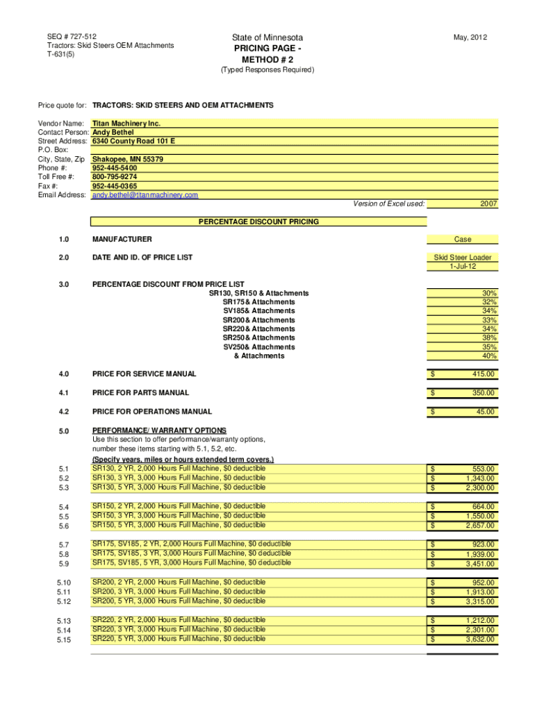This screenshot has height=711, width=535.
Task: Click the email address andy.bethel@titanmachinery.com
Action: [x=145, y=195]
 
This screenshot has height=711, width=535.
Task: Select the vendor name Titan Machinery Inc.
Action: [x=126, y=123]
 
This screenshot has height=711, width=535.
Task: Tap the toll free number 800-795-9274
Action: [x=115, y=177]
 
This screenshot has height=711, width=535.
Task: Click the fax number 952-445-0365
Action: [x=115, y=186]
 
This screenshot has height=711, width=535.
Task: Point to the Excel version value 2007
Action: [x=488, y=204]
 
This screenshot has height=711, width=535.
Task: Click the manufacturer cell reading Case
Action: [x=462, y=240]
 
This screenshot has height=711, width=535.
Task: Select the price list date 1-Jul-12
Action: [x=462, y=267]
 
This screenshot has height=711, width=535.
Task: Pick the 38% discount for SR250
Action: [x=489, y=338]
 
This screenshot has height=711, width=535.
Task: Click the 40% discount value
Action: [x=489, y=356]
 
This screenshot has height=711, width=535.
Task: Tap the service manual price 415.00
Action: [x=482, y=374]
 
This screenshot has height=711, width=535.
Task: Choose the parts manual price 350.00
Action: [x=482, y=393]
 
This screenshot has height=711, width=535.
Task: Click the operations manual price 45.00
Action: [x=486, y=412]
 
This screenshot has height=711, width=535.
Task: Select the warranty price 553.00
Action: [x=482, y=469]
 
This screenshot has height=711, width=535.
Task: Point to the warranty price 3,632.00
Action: [x=480, y=639]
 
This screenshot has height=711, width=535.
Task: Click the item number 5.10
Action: [x=64, y=583]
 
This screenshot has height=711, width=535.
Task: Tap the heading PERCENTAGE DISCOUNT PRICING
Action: [x=258, y=222]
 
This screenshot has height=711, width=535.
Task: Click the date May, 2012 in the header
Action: [x=470, y=37]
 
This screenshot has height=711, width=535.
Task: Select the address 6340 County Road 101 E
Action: [x=133, y=141]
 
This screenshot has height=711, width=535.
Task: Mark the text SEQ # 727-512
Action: [x=72, y=36]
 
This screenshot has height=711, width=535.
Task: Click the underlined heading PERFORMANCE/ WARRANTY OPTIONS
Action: [x=158, y=431]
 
